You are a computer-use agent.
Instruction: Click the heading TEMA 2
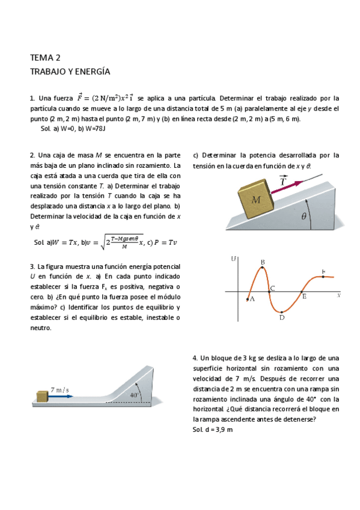click(x=45, y=58)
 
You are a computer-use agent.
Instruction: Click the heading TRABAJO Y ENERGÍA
click(x=70, y=72)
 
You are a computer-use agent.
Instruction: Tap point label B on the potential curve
click(x=263, y=262)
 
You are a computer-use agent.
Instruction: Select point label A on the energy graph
click(x=252, y=298)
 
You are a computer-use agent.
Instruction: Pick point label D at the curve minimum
click(x=281, y=318)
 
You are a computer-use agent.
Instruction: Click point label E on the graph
click(x=304, y=296)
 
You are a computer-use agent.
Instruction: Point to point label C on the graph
click(x=272, y=289)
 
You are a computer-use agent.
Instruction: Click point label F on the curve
click(x=323, y=272)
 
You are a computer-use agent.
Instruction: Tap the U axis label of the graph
click(x=234, y=259)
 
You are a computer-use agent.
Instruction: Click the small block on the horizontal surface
click(x=41, y=396)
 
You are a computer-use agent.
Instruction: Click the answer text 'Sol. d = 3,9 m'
click(x=213, y=430)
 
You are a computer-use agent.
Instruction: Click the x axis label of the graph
click(x=339, y=295)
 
